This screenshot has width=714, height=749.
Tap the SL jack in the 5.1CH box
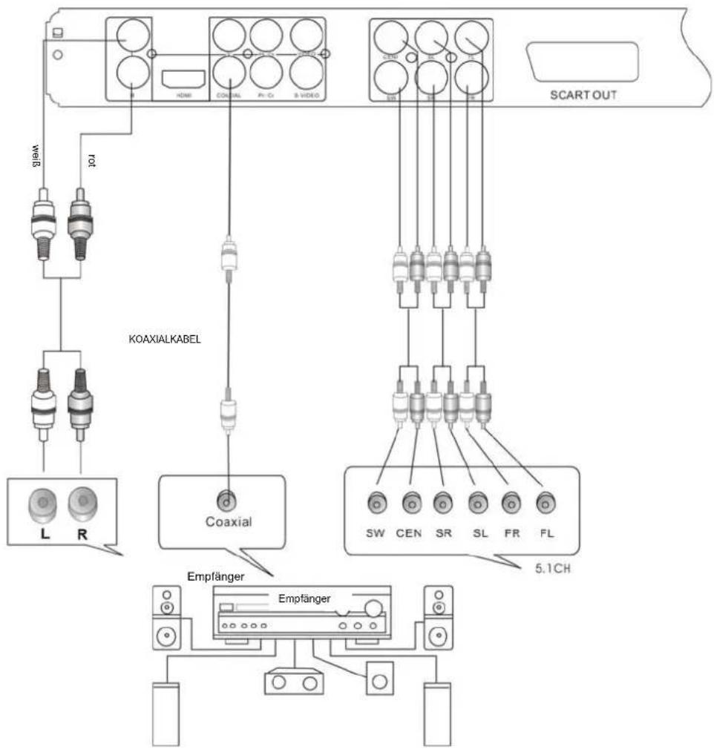click(x=477, y=504)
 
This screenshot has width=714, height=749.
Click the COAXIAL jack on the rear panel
click(x=231, y=73)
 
